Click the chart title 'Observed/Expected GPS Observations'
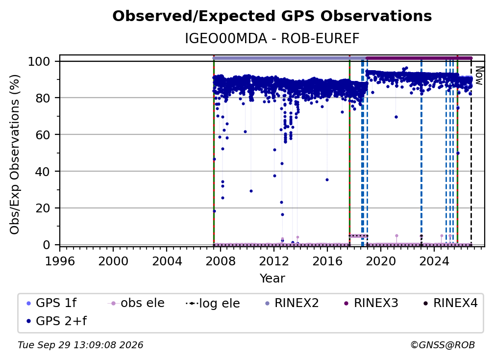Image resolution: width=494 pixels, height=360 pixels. tap(272, 16)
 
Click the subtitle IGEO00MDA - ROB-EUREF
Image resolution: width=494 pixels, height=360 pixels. tap(272, 39)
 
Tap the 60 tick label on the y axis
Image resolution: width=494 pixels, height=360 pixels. tap(43, 134)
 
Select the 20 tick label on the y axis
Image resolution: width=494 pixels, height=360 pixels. tap(43, 208)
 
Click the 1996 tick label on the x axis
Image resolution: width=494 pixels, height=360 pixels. tap(60, 261)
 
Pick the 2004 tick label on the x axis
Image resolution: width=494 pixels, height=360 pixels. tap(167, 261)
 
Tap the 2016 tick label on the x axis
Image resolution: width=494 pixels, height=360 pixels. tap(327, 261)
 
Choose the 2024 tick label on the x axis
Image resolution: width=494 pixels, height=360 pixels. tap(434, 261)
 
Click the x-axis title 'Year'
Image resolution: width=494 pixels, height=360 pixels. tap(272, 279)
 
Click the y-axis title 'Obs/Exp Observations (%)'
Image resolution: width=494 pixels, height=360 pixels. tap(15, 154)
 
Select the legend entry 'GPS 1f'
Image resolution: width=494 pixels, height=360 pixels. tap(51, 303)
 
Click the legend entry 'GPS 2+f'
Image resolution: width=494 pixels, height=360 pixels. tap(57, 321)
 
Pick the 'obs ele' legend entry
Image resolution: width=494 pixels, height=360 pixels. tap(136, 303)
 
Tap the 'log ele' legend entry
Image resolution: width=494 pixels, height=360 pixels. tap(213, 303)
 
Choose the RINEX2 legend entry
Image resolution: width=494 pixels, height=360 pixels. tap(292, 303)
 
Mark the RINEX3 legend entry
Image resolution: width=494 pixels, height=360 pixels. tap(371, 303)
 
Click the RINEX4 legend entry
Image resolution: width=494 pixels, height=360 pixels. tap(451, 303)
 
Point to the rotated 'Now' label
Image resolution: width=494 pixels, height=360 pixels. tap(479, 76)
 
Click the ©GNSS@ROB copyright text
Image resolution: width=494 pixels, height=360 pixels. tap(443, 345)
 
